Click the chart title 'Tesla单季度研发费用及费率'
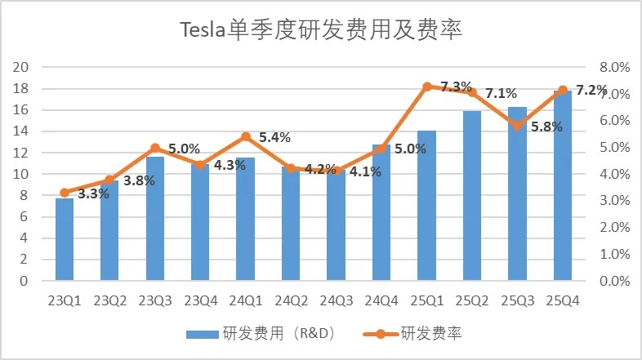click(321, 32)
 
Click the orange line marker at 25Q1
click(427, 86)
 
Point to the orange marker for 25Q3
click(517, 126)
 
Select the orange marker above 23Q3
click(155, 148)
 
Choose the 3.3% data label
click(93, 194)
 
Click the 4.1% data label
click(365, 171)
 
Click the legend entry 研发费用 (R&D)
click(261, 334)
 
